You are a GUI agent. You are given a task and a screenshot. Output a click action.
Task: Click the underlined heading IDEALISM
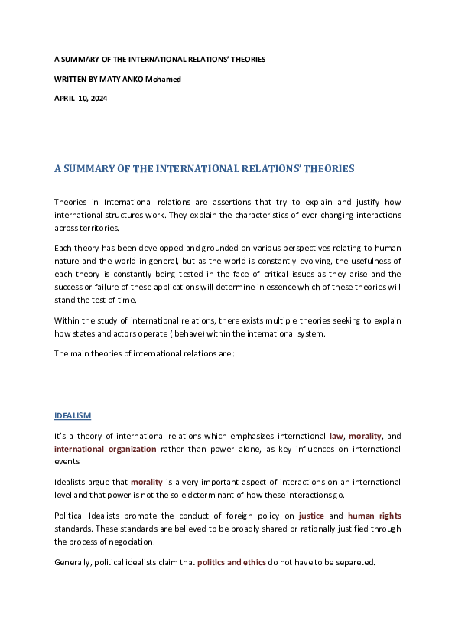73,415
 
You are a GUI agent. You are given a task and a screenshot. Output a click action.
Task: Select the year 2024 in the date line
99,98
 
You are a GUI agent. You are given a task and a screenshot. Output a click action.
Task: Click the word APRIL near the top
64,98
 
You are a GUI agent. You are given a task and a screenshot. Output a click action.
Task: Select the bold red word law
336,436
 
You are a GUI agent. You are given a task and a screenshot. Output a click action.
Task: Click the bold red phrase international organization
105,449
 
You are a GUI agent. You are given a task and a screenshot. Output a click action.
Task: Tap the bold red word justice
311,516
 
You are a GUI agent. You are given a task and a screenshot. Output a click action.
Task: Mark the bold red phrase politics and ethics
232,562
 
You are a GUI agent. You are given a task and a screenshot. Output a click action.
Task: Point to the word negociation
135,542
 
